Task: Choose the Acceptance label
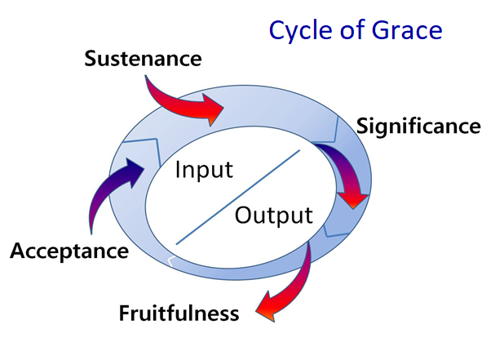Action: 69,251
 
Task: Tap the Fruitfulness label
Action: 179,313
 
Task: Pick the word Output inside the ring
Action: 274,216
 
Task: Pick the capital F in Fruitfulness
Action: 125,313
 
